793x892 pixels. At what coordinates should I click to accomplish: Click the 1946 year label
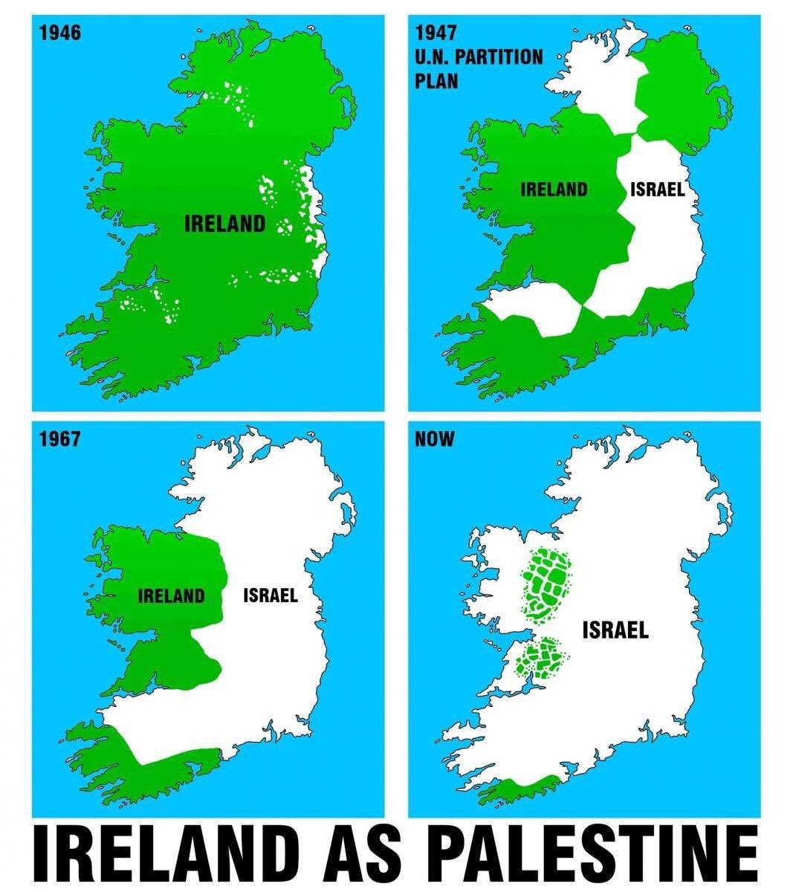pyautogui.click(x=59, y=33)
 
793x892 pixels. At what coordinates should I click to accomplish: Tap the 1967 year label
pyautogui.click(x=59, y=439)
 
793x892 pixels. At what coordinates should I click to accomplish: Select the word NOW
pyautogui.click(x=435, y=439)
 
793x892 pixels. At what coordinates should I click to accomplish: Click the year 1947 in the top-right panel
pyautogui.click(x=436, y=33)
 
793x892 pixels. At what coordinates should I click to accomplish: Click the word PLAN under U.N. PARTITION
pyautogui.click(x=436, y=80)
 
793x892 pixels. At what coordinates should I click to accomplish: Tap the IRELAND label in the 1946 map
pyautogui.click(x=224, y=223)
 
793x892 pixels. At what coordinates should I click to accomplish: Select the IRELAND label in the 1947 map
pyautogui.click(x=554, y=190)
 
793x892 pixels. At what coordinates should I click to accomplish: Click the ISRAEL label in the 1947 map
pyautogui.click(x=658, y=190)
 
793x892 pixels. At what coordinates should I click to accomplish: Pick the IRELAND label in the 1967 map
pyautogui.click(x=171, y=595)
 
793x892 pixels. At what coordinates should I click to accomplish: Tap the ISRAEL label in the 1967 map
pyautogui.click(x=271, y=595)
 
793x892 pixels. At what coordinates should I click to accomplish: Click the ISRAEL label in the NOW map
pyautogui.click(x=615, y=631)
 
